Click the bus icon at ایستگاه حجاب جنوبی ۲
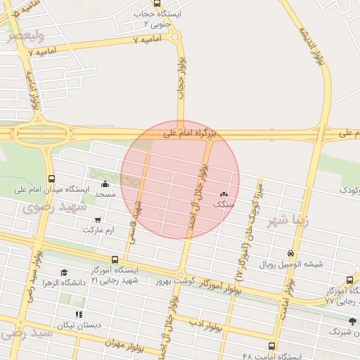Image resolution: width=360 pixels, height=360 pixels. point(157,4)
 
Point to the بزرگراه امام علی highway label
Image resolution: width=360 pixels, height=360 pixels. point(191,132)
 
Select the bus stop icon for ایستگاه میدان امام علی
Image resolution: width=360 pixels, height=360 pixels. point(51,179)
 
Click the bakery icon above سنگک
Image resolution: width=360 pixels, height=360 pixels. point(224,194)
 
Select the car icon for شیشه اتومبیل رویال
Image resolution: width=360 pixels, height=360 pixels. point(291,254)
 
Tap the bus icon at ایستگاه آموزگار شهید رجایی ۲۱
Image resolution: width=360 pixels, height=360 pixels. point(115,259)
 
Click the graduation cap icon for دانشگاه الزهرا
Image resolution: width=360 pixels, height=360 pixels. point(64,272)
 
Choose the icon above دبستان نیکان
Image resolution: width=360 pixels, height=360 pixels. point(79,314)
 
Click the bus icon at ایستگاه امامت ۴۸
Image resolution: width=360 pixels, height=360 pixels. point(272,346)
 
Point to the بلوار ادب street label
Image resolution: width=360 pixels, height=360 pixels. point(206,325)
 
